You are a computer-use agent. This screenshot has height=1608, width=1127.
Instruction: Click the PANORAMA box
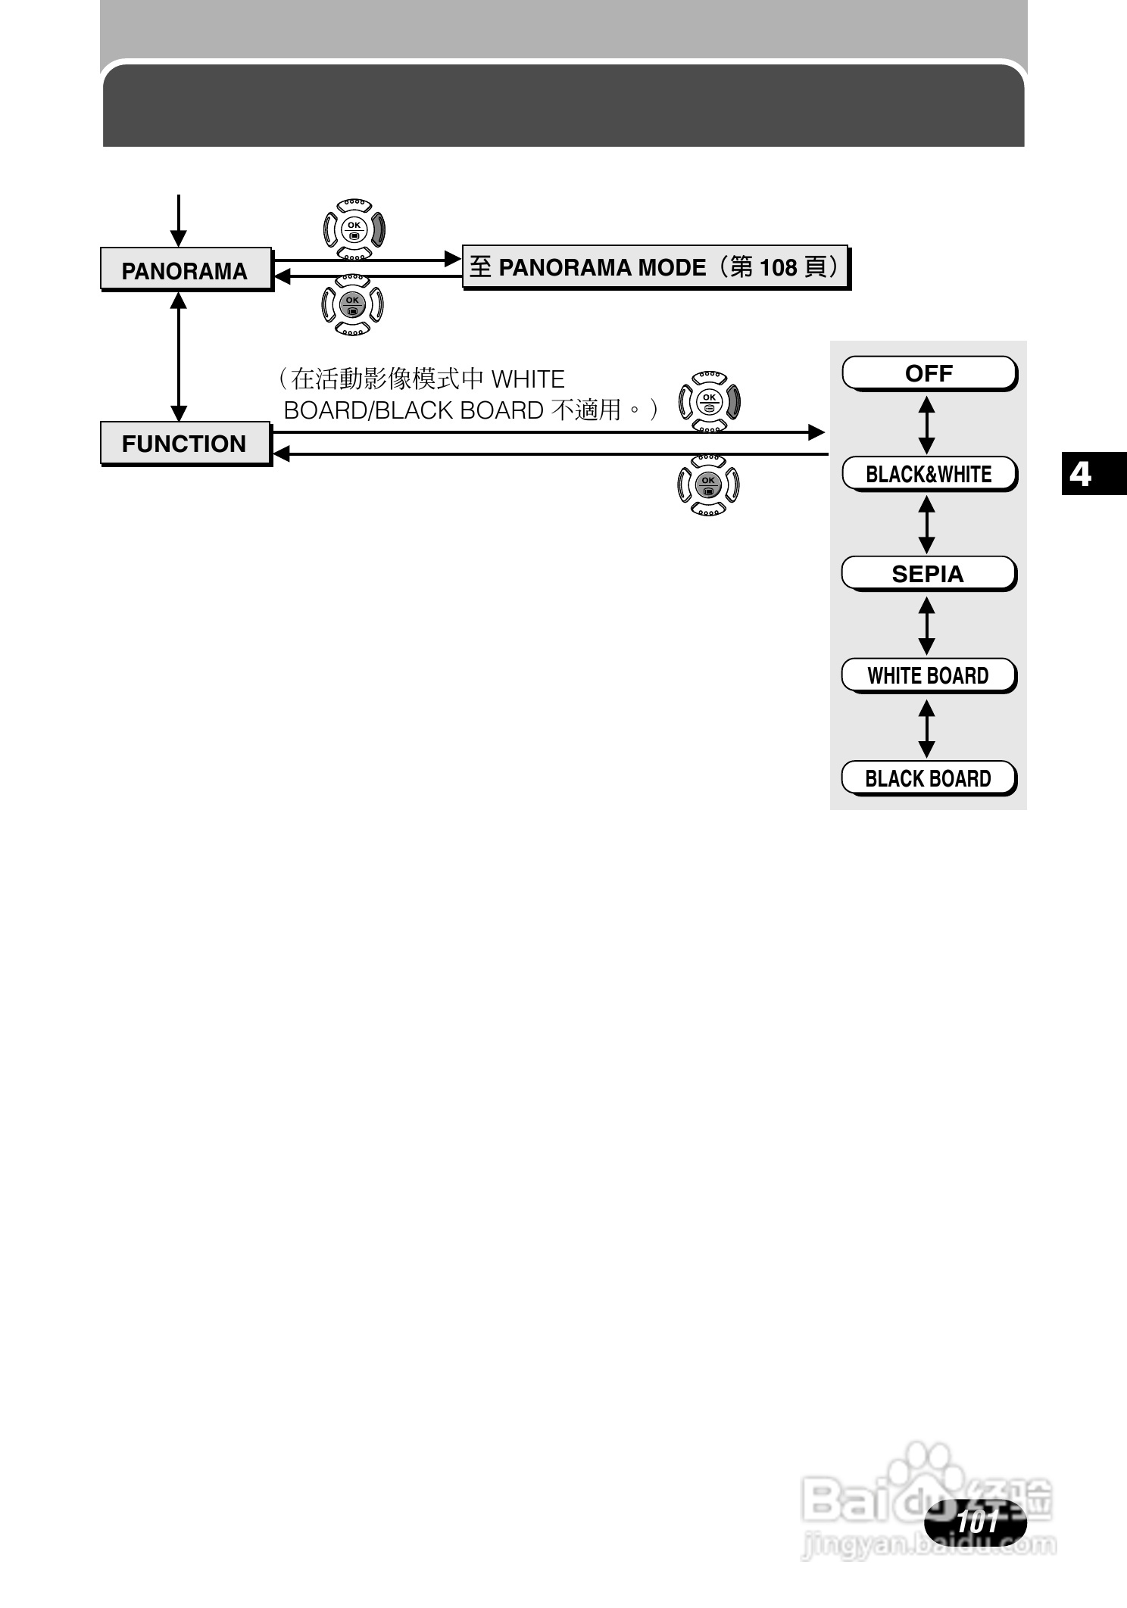pyautogui.click(x=186, y=269)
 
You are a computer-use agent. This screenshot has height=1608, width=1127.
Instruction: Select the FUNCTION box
pyautogui.click(x=186, y=443)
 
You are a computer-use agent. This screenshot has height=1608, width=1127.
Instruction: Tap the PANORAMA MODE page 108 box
pyautogui.click(x=655, y=267)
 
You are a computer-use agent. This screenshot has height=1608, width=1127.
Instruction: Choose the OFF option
pyautogui.click(x=929, y=373)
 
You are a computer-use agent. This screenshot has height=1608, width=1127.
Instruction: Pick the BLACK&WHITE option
pyautogui.click(x=929, y=474)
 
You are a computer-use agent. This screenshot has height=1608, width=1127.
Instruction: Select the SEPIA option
pyautogui.click(x=928, y=574)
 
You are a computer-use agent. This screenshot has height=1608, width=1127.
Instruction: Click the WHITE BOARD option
pyautogui.click(x=928, y=675)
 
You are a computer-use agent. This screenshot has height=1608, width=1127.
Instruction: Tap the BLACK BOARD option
pyautogui.click(x=928, y=778)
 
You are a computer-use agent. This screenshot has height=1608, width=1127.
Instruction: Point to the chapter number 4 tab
pyautogui.click(x=1082, y=474)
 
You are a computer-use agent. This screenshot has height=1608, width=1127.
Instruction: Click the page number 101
pyautogui.click(x=977, y=1522)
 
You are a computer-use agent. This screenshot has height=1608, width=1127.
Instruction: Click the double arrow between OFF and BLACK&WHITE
pyautogui.click(x=926, y=425)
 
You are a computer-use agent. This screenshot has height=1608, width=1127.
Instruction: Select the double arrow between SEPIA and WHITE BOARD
pyautogui.click(x=926, y=625)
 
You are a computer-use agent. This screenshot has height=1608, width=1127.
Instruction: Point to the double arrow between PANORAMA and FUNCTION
pyautogui.click(x=179, y=357)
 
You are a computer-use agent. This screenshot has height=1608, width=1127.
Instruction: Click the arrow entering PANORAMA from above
pyautogui.click(x=179, y=220)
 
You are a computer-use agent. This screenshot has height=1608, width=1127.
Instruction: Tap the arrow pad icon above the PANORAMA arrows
pyautogui.click(x=354, y=229)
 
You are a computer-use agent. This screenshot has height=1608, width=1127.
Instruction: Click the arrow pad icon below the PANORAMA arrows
pyautogui.click(x=353, y=304)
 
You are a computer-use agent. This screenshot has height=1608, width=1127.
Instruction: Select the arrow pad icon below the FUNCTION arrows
pyautogui.click(x=708, y=485)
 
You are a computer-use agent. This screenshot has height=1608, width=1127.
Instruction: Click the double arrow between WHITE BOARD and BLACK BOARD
pyautogui.click(x=926, y=728)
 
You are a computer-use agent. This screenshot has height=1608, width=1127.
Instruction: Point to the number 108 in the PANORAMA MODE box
pyautogui.click(x=778, y=267)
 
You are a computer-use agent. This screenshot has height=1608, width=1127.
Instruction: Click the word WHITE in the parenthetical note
pyautogui.click(x=528, y=379)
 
